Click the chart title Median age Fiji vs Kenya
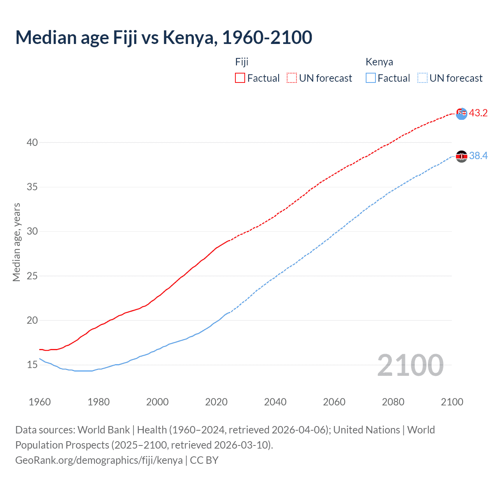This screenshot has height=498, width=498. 163,37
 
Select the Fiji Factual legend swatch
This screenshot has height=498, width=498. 240,78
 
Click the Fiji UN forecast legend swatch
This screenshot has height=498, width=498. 292,78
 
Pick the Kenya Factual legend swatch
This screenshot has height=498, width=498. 371,78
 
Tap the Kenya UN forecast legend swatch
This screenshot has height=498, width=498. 423,78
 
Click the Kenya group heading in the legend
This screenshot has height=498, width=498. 379,62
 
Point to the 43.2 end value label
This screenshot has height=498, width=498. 478,113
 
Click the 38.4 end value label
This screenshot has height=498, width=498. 478,156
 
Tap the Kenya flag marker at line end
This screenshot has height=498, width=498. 461,156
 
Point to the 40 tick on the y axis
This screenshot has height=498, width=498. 32,142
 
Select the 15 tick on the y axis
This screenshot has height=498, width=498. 32,365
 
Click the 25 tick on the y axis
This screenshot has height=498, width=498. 32,276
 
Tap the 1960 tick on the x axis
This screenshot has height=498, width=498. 40,402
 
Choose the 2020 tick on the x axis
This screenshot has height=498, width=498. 216,402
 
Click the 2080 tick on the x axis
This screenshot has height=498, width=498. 393,402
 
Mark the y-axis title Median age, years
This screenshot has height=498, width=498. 16,242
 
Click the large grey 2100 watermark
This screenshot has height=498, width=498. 410,365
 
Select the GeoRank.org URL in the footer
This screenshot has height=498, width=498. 99,460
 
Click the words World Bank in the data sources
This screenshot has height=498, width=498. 103,430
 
